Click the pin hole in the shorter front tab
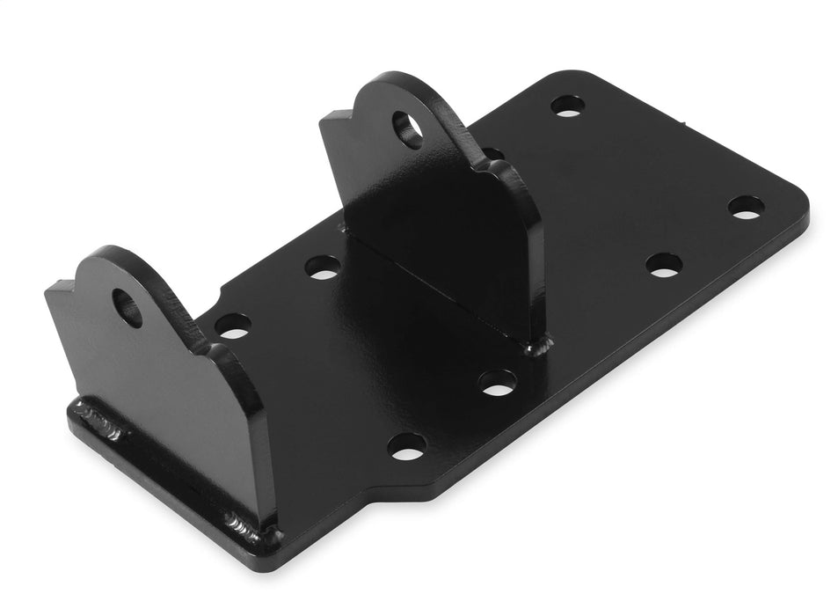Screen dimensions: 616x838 pos(128,307)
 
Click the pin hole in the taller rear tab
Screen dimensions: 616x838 pos(407,128)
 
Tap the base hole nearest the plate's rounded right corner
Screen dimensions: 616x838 pos(745,208)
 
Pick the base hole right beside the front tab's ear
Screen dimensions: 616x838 pos(232,326)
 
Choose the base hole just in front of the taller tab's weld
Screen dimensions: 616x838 pos(497,381)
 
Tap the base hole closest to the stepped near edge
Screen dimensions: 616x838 pos(406,446)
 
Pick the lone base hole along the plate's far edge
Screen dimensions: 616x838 pos(567,106)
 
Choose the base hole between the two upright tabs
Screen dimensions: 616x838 pos(324,267)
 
